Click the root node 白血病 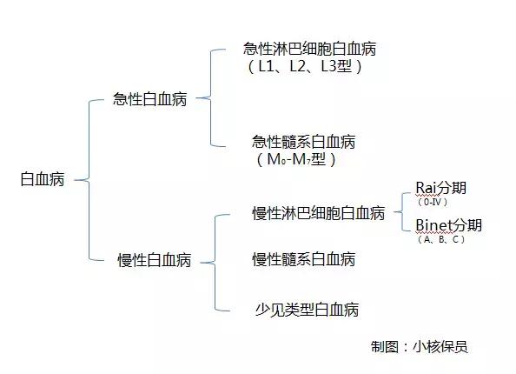(43, 179)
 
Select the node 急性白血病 (149, 99)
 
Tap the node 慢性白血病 (155, 260)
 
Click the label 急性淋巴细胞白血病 (309, 49)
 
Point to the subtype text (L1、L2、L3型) (304, 67)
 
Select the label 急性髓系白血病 (304, 142)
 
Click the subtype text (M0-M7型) (296, 160)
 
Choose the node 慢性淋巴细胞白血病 (319, 213)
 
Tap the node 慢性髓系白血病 (304, 259)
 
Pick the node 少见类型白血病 (307, 310)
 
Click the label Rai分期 (441, 188)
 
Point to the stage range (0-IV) (433, 202)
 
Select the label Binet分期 (449, 225)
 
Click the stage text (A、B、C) (441, 239)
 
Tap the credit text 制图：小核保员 (420, 347)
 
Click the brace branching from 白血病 (89, 180)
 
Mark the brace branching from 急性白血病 (210, 97)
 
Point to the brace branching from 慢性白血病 (215, 263)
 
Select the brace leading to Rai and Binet (402, 211)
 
